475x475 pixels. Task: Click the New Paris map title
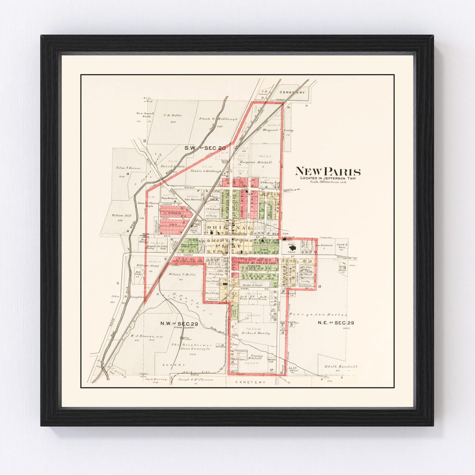(328, 172)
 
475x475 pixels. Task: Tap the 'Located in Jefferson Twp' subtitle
(328, 178)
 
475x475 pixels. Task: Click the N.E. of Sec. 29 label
(336, 322)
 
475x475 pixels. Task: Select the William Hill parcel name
(121, 216)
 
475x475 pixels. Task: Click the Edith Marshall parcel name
(341, 366)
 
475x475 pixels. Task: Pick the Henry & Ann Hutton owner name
(318, 314)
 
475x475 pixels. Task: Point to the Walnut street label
(189, 187)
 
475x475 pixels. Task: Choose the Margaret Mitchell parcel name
(255, 162)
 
